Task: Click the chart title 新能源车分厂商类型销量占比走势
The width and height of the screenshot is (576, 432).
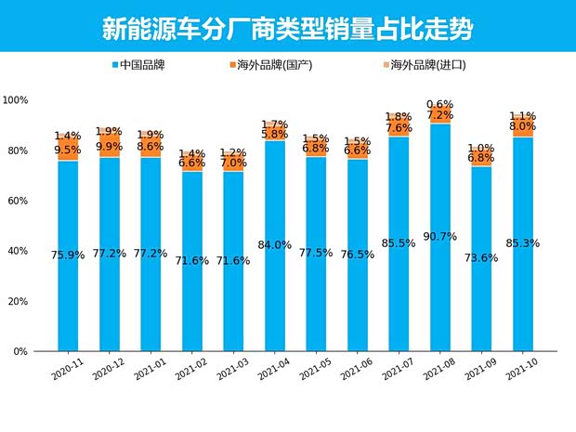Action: [287, 29]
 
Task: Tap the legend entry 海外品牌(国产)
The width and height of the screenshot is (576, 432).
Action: [273, 65]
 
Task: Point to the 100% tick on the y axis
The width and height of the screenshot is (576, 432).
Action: [16, 99]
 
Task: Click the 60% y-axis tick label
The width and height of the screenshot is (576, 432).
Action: [18, 201]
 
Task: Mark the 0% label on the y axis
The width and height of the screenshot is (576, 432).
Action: [20, 352]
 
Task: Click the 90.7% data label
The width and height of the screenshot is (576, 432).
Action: [439, 236]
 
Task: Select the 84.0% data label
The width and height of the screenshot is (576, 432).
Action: [275, 245]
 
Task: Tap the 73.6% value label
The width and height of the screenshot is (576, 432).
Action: [480, 258]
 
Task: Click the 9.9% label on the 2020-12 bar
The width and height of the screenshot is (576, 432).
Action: [110, 146]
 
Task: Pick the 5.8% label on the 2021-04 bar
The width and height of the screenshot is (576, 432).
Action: [275, 135]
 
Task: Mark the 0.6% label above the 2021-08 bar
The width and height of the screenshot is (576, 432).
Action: [439, 105]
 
